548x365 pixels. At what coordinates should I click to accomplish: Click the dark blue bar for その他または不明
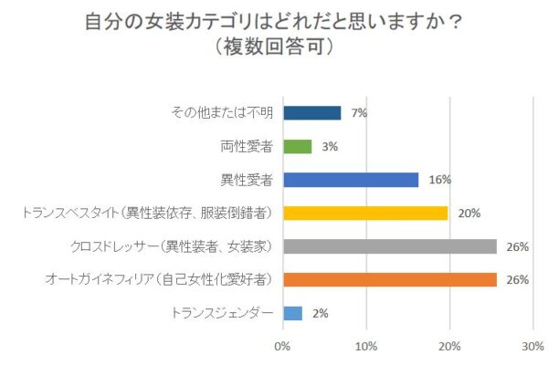[x=311, y=113]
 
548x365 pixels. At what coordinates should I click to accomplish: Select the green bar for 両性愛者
[x=298, y=146]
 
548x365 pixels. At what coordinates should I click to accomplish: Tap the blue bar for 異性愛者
[x=351, y=180]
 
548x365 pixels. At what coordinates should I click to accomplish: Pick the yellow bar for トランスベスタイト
[x=365, y=213]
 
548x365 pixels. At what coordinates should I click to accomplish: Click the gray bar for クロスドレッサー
[x=390, y=246]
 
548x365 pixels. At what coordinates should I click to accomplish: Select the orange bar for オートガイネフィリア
[x=390, y=280]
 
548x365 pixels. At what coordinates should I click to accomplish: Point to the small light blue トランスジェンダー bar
[x=292, y=313]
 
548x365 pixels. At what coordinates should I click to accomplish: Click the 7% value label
[x=358, y=113]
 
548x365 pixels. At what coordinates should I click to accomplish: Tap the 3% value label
[x=329, y=146]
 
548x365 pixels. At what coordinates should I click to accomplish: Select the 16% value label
[x=439, y=180]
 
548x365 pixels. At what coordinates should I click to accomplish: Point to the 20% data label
[x=469, y=213]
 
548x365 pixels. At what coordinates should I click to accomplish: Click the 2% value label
[x=320, y=313]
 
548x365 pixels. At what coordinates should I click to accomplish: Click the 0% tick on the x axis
[x=282, y=346]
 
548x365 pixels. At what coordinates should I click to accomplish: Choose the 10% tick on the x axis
[x=366, y=346]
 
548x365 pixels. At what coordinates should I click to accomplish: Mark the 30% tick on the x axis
[x=532, y=346]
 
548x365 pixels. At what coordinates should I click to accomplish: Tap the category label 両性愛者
[x=247, y=146]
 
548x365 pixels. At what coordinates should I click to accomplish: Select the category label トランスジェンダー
[x=223, y=313]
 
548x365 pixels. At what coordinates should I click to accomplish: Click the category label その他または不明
[x=224, y=113]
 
